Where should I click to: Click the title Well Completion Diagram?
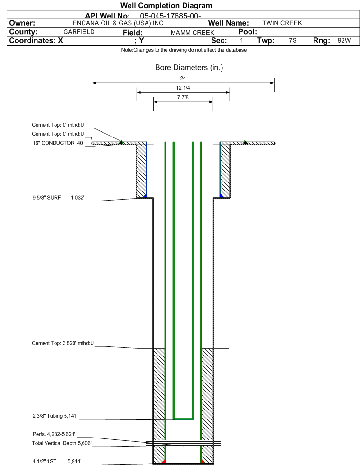(x=166, y=5)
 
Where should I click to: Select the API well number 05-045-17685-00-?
(x=170, y=16)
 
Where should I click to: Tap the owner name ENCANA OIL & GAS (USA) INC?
(x=118, y=23)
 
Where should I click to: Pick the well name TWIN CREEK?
(x=282, y=23)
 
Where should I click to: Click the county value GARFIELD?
(x=79, y=32)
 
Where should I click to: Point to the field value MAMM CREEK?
(x=192, y=33)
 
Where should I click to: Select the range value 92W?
(x=344, y=41)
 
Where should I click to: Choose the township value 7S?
(x=293, y=41)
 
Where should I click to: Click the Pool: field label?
(x=248, y=32)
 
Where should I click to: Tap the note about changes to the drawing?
(x=184, y=50)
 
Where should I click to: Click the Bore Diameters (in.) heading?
(x=189, y=68)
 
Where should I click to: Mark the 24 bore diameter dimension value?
(x=183, y=78)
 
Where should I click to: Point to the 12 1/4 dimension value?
(x=183, y=88)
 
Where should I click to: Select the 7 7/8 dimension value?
(x=183, y=97)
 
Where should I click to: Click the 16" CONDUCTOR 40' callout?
(x=58, y=143)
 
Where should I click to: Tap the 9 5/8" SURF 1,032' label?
(x=58, y=198)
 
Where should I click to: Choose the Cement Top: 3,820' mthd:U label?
(x=63, y=343)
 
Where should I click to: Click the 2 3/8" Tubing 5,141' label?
(x=55, y=416)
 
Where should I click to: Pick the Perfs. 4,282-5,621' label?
(x=54, y=434)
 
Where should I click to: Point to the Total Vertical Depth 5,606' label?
(x=62, y=443)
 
